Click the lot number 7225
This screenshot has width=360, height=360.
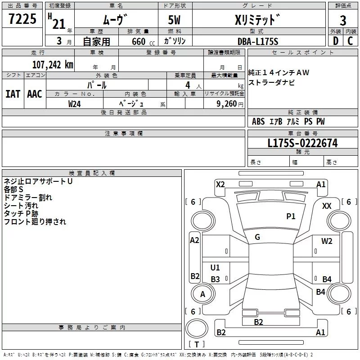(22, 18)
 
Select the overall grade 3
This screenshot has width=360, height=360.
(343, 21)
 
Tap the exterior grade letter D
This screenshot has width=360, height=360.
(336, 41)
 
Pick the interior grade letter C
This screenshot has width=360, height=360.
(350, 41)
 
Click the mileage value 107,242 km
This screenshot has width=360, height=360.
(53, 65)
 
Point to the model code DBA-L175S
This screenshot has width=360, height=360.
(258, 41)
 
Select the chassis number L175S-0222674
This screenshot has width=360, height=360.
(302, 143)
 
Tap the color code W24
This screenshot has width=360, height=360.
(74, 104)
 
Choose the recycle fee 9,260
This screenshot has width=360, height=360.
(227, 104)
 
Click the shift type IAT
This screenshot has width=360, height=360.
(13, 94)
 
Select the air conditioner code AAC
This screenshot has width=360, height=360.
(35, 94)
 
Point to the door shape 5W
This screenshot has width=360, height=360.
(174, 20)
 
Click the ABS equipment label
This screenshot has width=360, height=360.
(258, 121)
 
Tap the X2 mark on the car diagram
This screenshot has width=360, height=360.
(220, 184)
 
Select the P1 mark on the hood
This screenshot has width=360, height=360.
(291, 216)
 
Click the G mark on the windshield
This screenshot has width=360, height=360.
(257, 237)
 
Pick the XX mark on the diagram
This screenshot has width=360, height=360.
(327, 206)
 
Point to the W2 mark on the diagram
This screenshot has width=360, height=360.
(327, 241)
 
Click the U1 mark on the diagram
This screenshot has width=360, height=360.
(215, 267)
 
